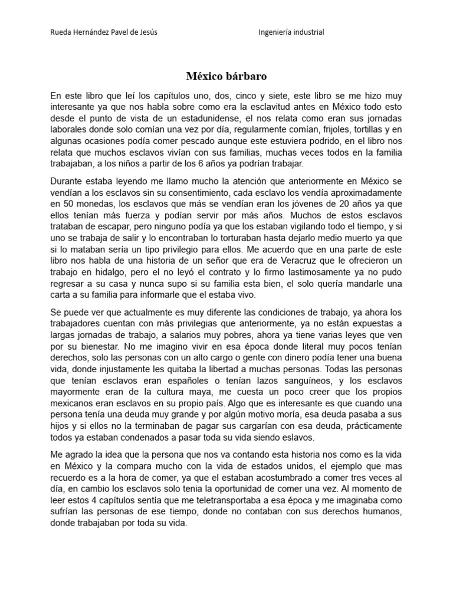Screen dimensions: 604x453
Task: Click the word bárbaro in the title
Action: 245,77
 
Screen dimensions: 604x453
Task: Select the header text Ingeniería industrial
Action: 291,32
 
